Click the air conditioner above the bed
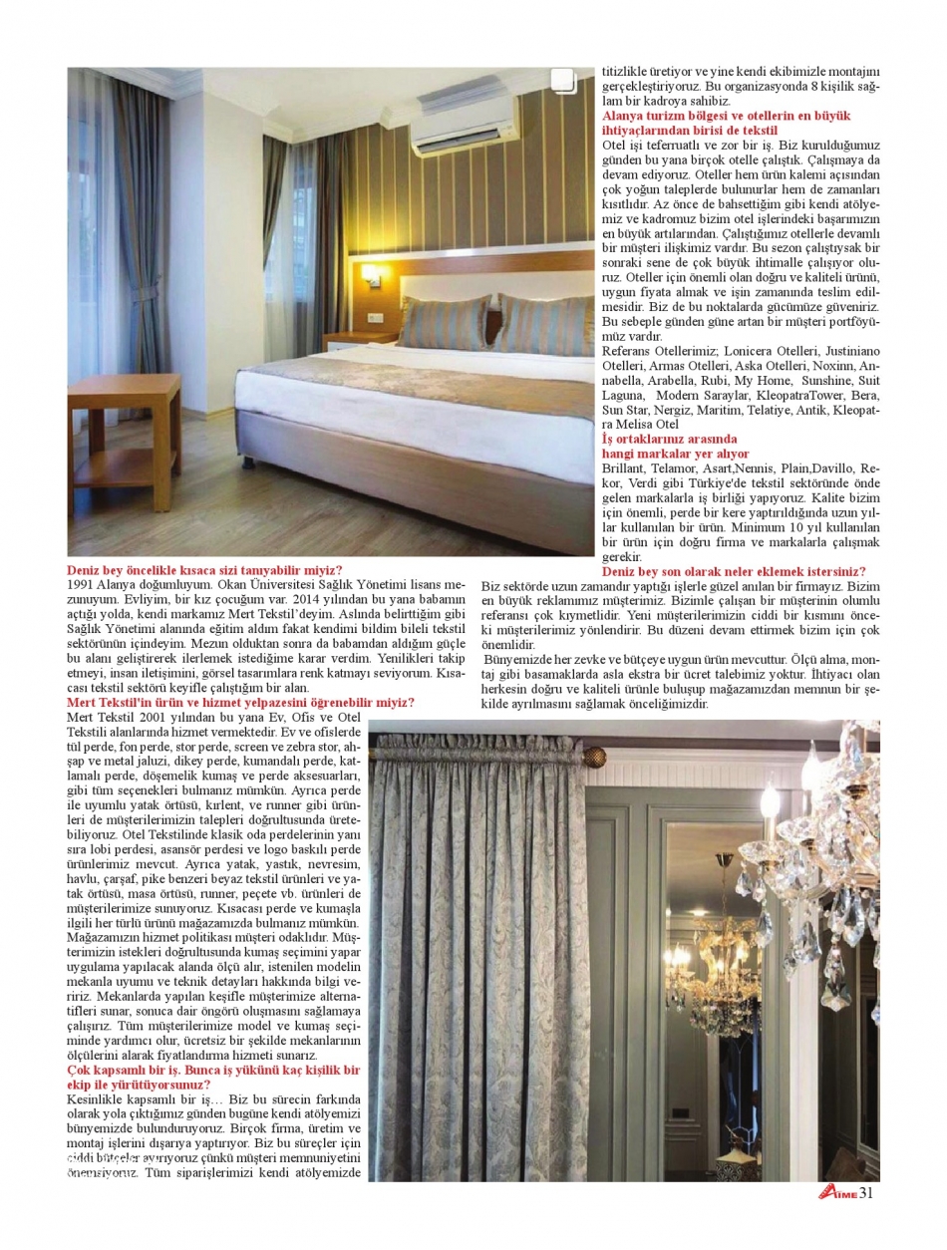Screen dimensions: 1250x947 click(465, 121)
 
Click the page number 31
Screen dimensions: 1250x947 click(866, 1194)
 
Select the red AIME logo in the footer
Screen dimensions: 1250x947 click(837, 1195)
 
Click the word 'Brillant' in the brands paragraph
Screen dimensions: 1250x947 click(624, 468)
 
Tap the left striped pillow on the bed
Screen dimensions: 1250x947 click(446, 324)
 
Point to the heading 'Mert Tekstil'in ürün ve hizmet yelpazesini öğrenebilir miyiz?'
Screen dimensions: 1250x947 click(240, 703)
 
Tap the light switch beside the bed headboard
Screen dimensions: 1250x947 click(376, 319)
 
